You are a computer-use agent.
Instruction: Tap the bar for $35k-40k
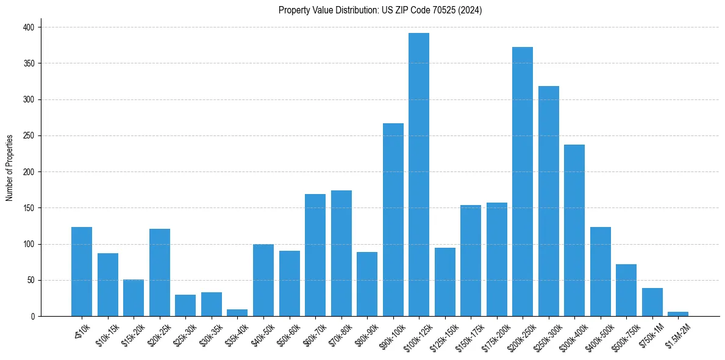(237, 313)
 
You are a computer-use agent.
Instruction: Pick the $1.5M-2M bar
(678, 314)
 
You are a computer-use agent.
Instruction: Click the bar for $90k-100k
(393, 220)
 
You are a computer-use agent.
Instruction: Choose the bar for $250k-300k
(549, 201)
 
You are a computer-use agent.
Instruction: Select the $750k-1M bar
(652, 302)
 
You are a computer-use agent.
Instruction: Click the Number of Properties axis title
(9, 168)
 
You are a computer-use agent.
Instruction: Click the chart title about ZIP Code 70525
(380, 10)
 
